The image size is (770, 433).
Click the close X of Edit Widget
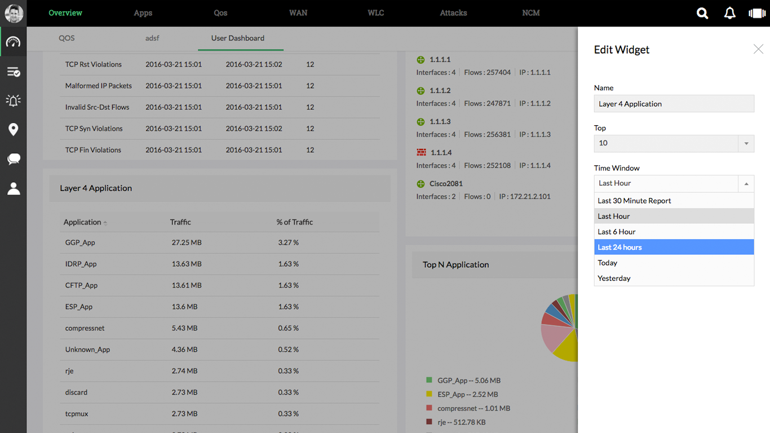point(758,50)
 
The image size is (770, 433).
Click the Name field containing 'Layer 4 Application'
point(674,104)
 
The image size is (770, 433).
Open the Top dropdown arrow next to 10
point(746,143)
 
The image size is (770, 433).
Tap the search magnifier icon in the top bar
point(702,13)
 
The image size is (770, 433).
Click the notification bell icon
point(729,13)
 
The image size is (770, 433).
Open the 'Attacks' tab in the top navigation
point(453,13)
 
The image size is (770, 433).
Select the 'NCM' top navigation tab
point(531,13)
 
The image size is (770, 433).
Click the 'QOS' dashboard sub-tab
point(67,38)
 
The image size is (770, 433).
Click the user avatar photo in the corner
point(14,13)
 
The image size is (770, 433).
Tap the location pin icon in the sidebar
point(14,130)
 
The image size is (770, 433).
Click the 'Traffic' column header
point(180,222)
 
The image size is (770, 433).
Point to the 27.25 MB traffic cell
point(187,242)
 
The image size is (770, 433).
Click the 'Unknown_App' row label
point(87,350)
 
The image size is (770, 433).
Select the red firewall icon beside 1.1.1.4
point(421,153)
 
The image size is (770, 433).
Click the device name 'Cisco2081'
point(446,184)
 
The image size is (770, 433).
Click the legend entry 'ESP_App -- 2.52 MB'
point(467,395)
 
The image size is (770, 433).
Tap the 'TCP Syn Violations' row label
point(94,129)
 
